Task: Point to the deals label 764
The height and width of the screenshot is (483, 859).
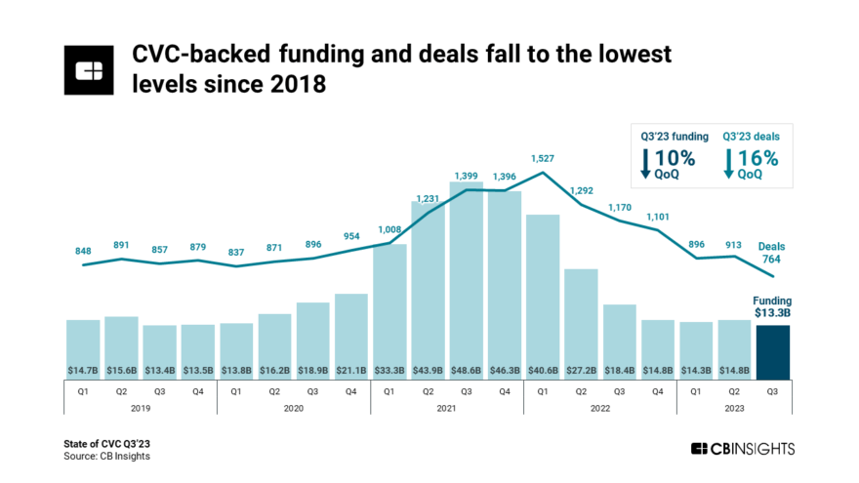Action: point(771,260)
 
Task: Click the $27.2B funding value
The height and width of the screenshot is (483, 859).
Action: point(581,370)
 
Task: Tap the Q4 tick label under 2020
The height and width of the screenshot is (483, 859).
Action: point(350,390)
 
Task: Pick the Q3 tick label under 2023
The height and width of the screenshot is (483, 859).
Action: point(773,390)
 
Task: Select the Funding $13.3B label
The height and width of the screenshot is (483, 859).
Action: point(772,307)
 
